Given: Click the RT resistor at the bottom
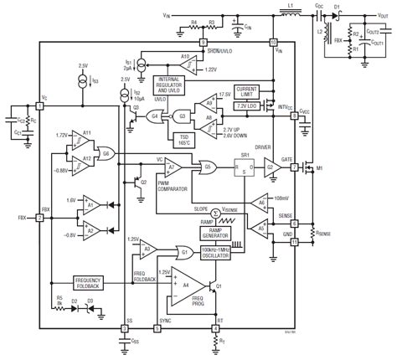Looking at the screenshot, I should (216, 342).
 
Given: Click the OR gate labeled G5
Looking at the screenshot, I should (206, 166).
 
